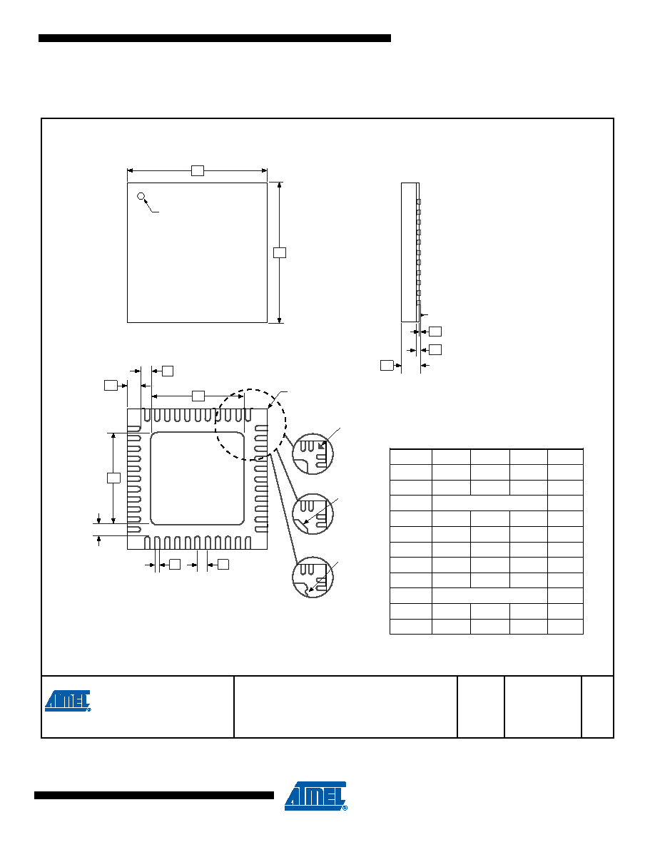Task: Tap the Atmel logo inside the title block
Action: pyautogui.click(x=68, y=701)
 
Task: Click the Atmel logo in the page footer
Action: pyautogui.click(x=315, y=796)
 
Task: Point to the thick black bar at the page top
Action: pyautogui.click(x=215, y=38)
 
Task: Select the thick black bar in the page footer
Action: pyautogui.click(x=154, y=795)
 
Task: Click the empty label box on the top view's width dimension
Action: pyautogui.click(x=197, y=170)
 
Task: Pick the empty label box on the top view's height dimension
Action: pyautogui.click(x=280, y=252)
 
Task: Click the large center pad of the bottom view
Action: pyautogui.click(x=197, y=478)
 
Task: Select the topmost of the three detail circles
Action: pyautogui.click(x=313, y=454)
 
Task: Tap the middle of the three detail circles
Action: pyautogui.click(x=313, y=514)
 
